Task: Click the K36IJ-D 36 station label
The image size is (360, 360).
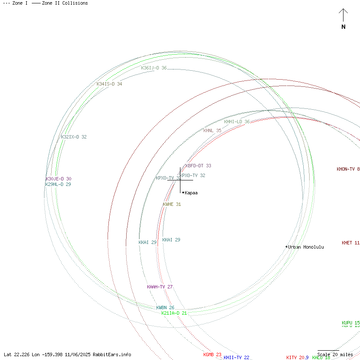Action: point(154,68)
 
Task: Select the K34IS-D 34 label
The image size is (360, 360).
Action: point(109,84)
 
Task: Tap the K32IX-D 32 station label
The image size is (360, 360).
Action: point(74,137)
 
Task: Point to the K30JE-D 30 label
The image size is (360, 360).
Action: point(58,179)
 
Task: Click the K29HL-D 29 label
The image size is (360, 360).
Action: point(58,184)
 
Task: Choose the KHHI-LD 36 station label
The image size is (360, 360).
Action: point(237,122)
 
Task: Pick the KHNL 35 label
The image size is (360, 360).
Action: point(212,130)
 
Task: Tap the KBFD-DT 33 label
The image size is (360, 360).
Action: point(198,166)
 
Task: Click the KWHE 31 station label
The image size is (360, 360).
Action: point(172,204)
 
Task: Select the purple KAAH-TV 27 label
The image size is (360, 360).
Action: point(160,287)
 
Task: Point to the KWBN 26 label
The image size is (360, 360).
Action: point(165,307)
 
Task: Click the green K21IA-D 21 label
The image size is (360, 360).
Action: point(174,313)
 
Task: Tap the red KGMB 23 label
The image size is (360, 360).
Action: point(212,354)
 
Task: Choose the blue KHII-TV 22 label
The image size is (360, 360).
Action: point(236,357)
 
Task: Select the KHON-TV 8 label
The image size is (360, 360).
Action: point(348,169)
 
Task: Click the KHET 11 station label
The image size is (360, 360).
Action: point(351,243)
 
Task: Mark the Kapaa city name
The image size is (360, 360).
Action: point(191,193)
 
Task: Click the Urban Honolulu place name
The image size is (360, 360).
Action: point(306,247)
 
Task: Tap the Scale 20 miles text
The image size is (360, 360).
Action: point(335,354)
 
